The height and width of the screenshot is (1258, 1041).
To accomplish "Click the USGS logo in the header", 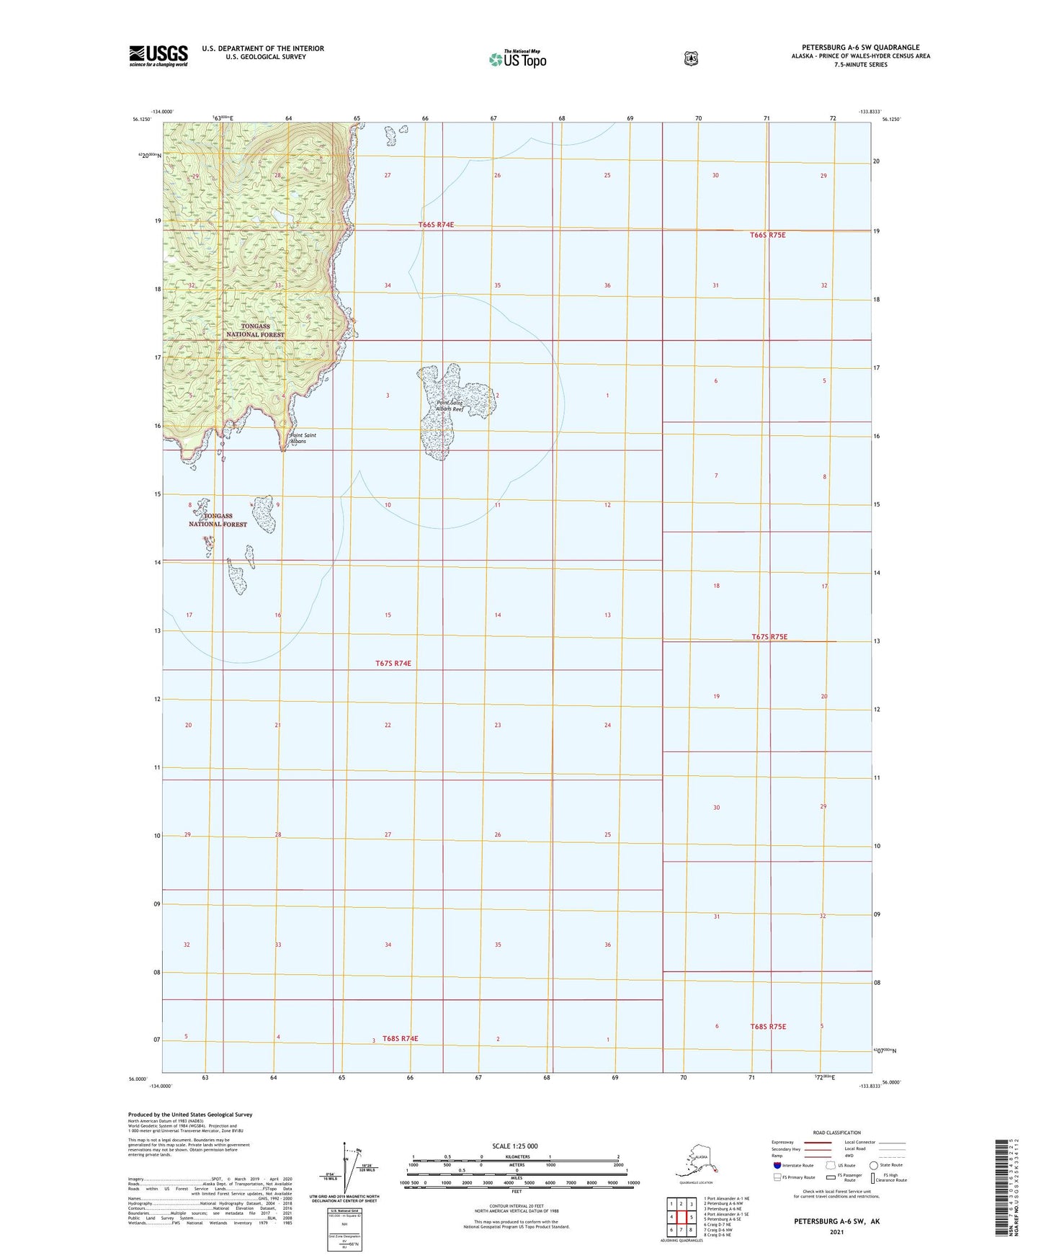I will [x=158, y=55].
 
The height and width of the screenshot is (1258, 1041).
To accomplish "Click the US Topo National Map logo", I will [x=517, y=58].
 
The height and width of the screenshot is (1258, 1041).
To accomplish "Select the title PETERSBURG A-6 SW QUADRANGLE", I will [x=860, y=48].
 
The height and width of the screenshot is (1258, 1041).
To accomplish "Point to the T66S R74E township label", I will [x=436, y=225].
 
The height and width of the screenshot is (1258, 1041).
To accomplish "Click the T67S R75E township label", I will [x=769, y=637].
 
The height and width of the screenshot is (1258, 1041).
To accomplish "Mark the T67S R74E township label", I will [x=393, y=663].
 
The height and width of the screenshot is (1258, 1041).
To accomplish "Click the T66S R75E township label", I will [x=767, y=235].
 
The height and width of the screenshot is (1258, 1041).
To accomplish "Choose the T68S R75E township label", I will [x=768, y=1026].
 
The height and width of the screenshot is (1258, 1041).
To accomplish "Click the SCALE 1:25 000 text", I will [x=515, y=1146].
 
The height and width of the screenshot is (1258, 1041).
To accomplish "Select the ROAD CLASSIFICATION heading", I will [x=836, y=1133].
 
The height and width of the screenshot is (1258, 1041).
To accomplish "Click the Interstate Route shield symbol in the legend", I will [x=777, y=1165].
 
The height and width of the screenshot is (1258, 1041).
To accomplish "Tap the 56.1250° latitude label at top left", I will [x=142, y=120].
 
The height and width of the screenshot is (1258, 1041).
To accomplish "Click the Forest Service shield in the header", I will [x=691, y=58].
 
